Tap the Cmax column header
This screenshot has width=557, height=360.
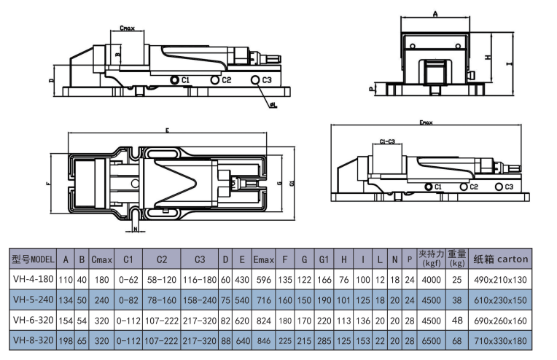(101, 259)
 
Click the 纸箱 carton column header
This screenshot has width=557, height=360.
(502, 259)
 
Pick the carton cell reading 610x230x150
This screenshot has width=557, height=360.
(502, 300)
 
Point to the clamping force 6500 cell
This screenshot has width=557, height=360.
(431, 340)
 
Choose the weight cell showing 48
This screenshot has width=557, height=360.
(457, 320)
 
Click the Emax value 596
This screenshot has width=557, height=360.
(262, 279)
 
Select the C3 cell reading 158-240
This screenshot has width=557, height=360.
(199, 300)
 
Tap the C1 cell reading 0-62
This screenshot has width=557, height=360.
(128, 279)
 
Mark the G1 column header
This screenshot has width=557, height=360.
(324, 259)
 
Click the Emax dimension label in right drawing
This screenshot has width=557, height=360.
(426, 122)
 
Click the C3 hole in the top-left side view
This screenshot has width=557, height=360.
(254, 79)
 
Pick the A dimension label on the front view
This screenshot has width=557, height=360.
(435, 14)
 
